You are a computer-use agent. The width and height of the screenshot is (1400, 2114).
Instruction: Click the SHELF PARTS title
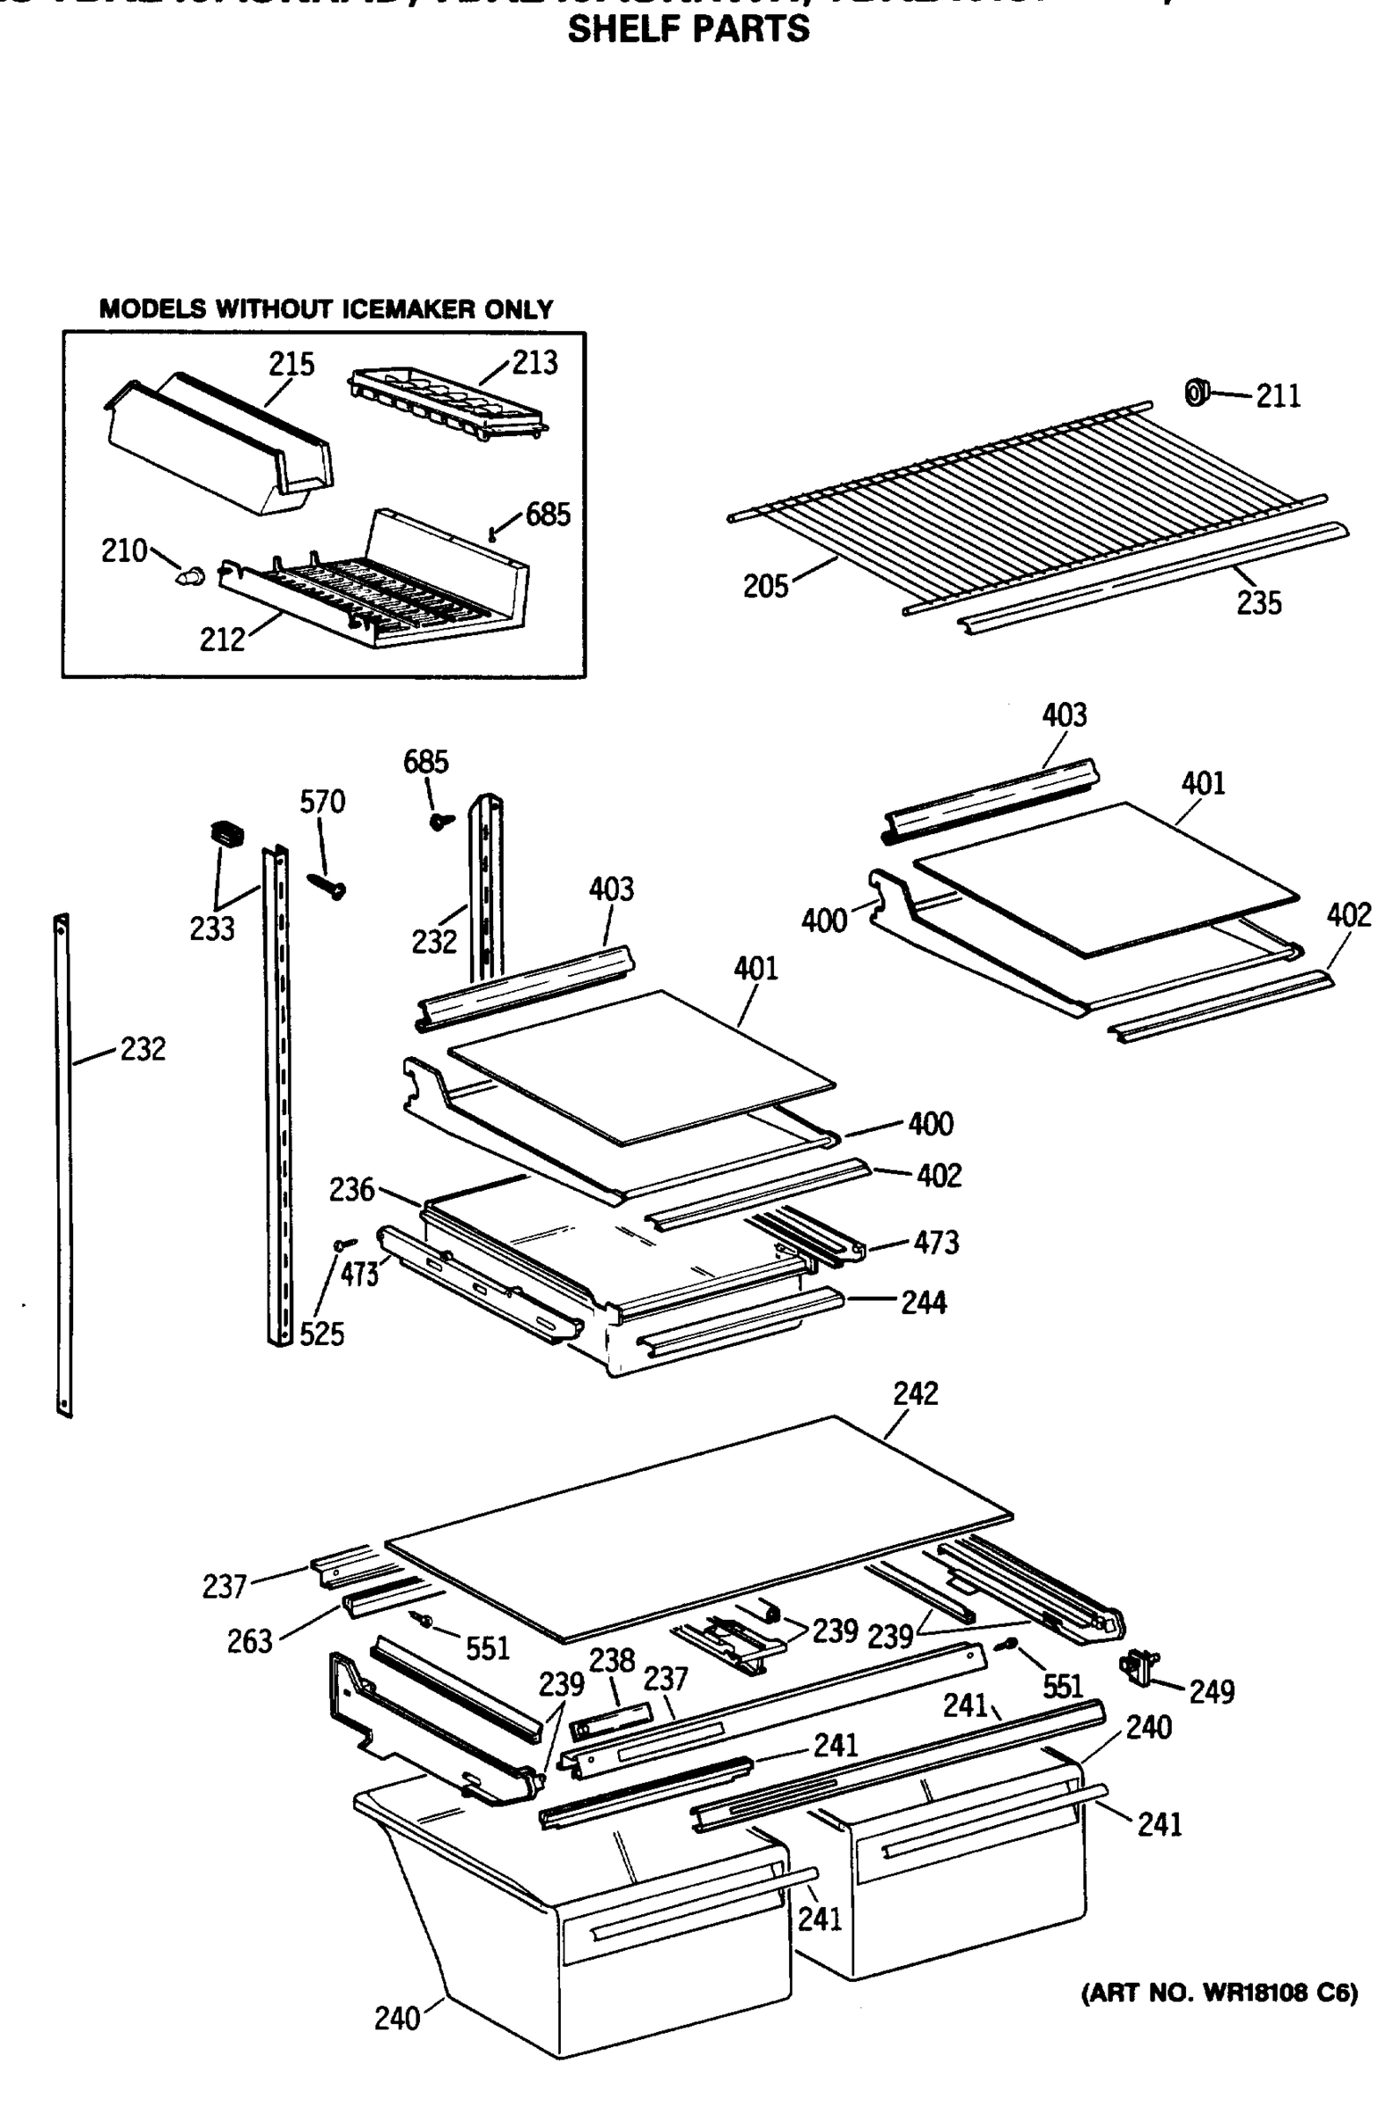689,29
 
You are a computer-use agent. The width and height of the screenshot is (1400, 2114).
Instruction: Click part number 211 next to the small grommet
1278,395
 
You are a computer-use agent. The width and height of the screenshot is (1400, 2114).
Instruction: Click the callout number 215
292,365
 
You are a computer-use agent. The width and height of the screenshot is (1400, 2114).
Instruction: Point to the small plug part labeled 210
189,576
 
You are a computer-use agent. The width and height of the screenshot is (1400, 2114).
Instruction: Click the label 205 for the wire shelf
765,587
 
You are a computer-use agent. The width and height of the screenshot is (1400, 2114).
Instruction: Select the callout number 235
1258,603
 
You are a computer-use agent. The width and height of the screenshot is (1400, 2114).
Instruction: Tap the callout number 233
211,928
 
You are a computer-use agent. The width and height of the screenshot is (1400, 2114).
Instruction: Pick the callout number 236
351,1190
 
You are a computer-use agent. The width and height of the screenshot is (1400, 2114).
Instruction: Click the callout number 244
924,1303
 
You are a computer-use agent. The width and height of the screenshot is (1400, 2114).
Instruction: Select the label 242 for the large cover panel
915,1394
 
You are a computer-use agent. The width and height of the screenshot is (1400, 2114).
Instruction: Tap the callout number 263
249,1642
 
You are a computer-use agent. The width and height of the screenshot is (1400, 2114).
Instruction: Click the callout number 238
612,1660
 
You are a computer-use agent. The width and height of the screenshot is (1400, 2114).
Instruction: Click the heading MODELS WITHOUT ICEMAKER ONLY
326,309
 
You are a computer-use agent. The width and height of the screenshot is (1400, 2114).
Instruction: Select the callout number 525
321,1334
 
